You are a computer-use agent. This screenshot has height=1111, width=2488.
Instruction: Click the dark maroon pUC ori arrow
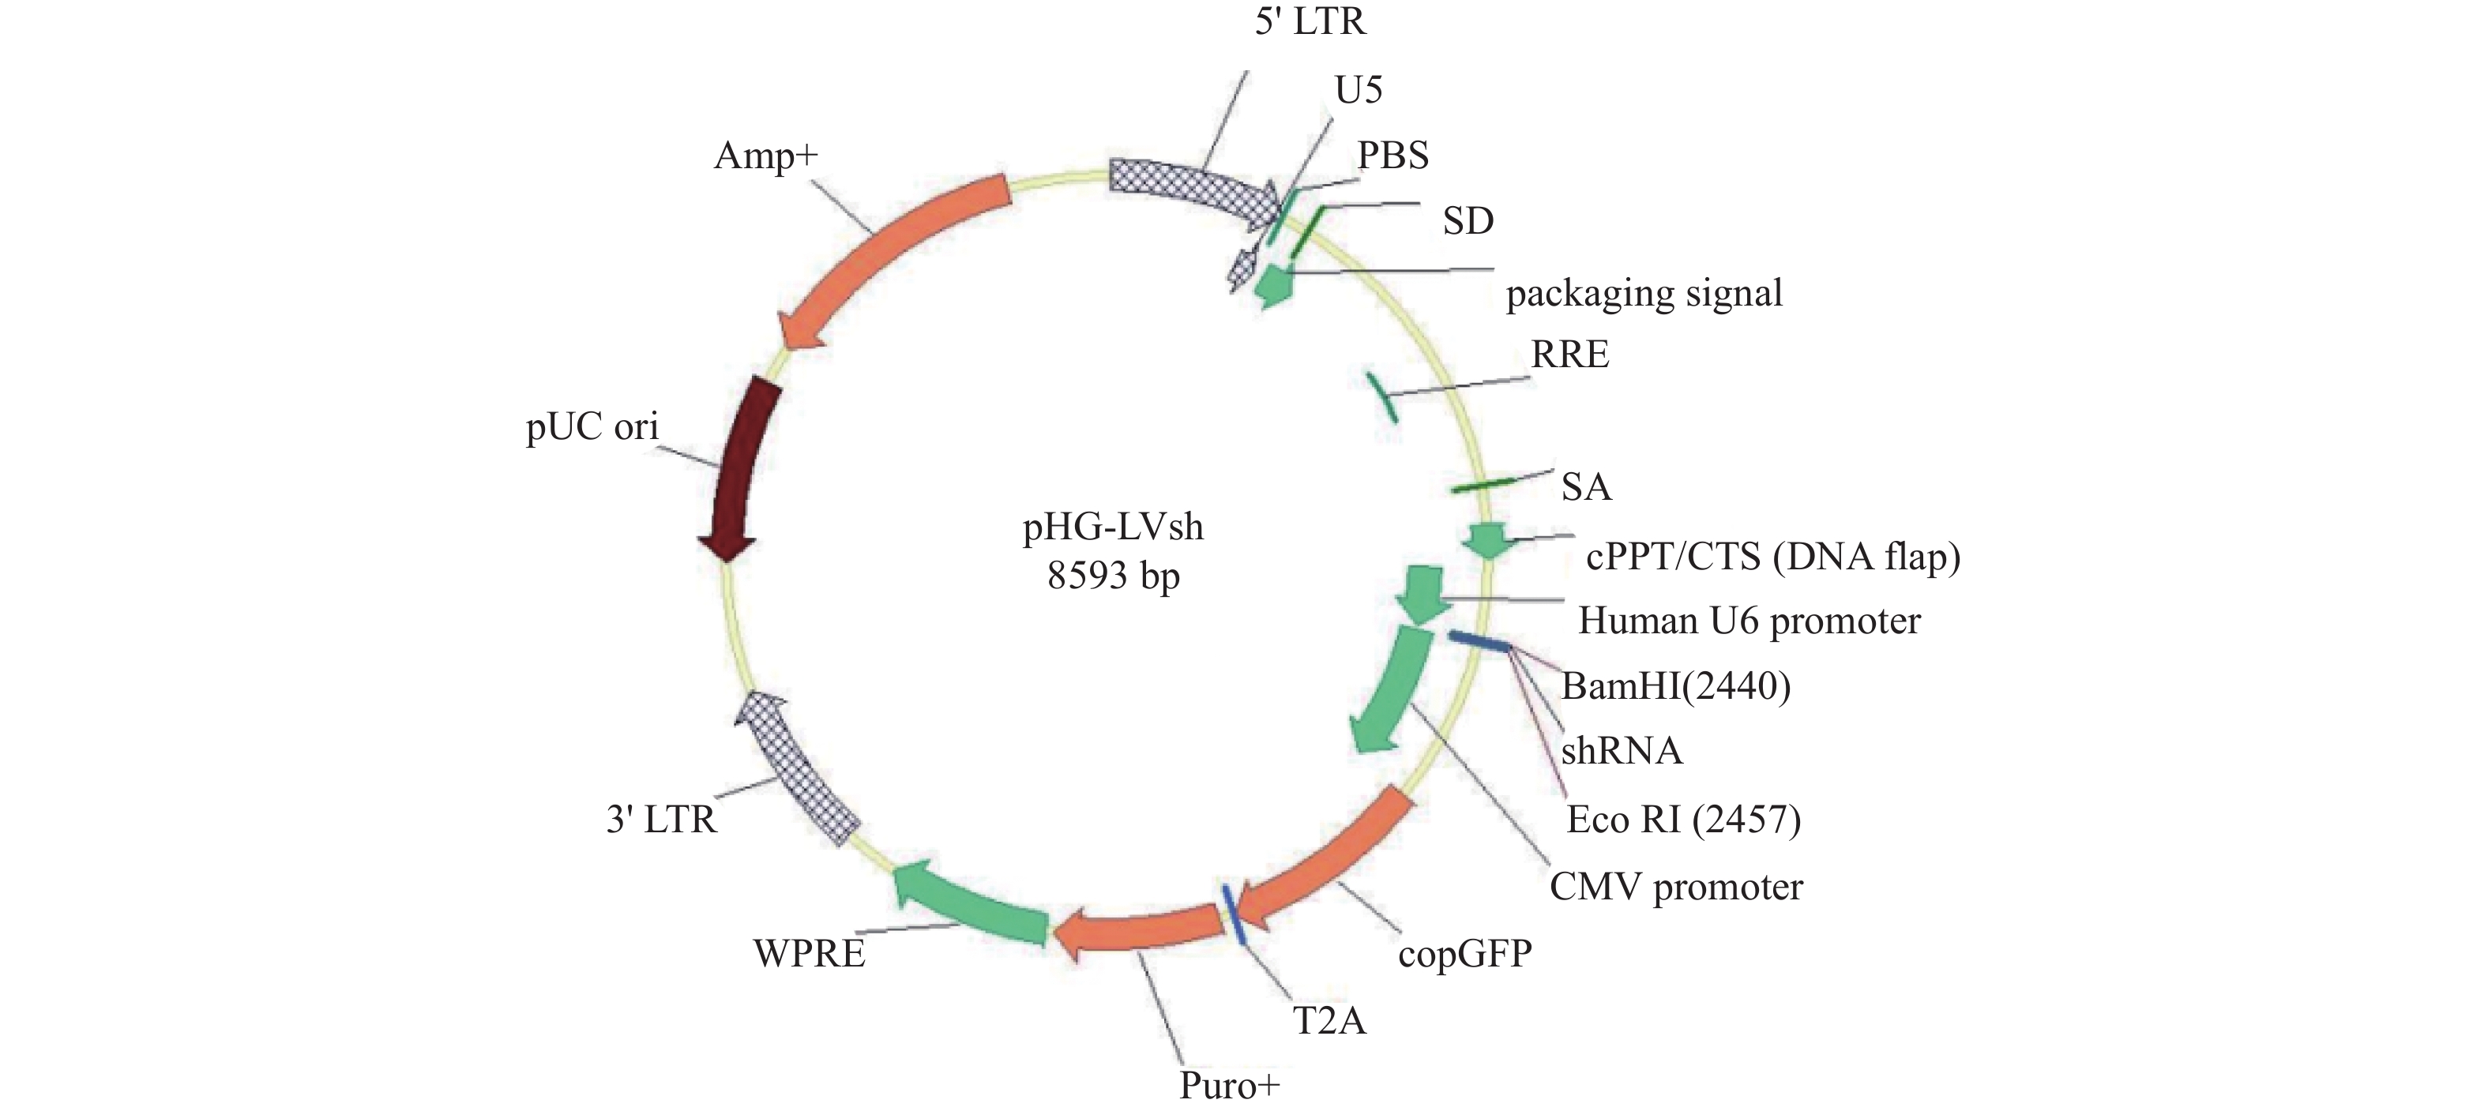pyautogui.click(x=739, y=473)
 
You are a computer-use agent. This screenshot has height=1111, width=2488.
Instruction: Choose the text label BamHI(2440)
pyautogui.click(x=1676, y=686)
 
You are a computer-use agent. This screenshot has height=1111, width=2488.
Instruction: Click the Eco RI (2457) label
pyautogui.click(x=1683, y=820)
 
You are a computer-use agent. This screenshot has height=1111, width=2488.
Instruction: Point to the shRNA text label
pyautogui.click(x=1622, y=751)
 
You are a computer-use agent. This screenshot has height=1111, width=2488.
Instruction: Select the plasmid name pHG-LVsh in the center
pyautogui.click(x=1114, y=527)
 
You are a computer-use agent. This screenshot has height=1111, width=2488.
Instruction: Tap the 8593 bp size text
pyautogui.click(x=1114, y=576)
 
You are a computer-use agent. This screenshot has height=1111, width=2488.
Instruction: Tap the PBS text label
pyautogui.click(x=1392, y=156)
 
